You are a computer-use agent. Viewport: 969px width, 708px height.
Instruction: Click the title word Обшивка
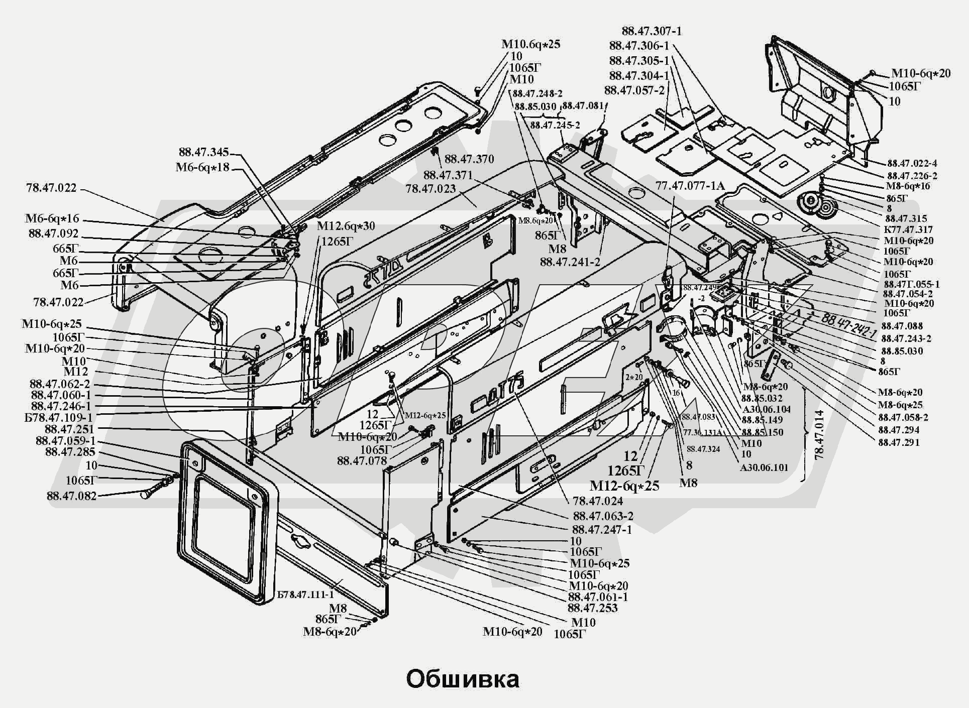coord(463,679)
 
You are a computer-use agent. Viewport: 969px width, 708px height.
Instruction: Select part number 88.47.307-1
coord(652,31)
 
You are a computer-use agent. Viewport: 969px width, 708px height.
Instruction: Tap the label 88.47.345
coord(203,152)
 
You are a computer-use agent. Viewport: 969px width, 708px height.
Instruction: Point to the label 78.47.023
coord(430,189)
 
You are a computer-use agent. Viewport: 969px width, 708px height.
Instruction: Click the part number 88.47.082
coord(71,496)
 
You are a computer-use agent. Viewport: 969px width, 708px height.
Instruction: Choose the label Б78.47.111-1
coord(305,595)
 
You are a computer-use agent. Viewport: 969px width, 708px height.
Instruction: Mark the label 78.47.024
coord(597,501)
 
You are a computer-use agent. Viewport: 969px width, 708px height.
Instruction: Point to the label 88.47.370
coord(469,159)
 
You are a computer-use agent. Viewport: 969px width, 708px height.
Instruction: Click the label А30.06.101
coord(764,467)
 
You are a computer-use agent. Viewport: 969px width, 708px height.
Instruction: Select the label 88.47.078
coord(362,460)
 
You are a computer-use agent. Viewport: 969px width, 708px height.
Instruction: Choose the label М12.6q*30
coord(346,226)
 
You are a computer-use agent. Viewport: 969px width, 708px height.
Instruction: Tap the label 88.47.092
coord(54,233)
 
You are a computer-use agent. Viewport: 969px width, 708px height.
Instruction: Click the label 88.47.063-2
coord(603,516)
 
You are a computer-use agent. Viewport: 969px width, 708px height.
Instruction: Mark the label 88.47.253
coord(593,608)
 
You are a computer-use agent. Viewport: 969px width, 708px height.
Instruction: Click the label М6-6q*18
coord(202,167)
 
